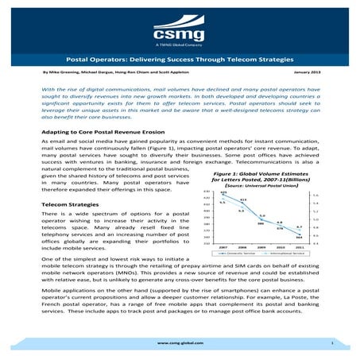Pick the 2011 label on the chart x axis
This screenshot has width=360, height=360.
tap(298, 247)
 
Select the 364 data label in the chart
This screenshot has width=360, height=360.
tap(298, 238)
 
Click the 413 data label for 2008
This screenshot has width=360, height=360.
tap(243, 199)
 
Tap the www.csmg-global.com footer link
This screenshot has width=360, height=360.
tap(180, 342)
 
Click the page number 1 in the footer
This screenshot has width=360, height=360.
tap(330, 342)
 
